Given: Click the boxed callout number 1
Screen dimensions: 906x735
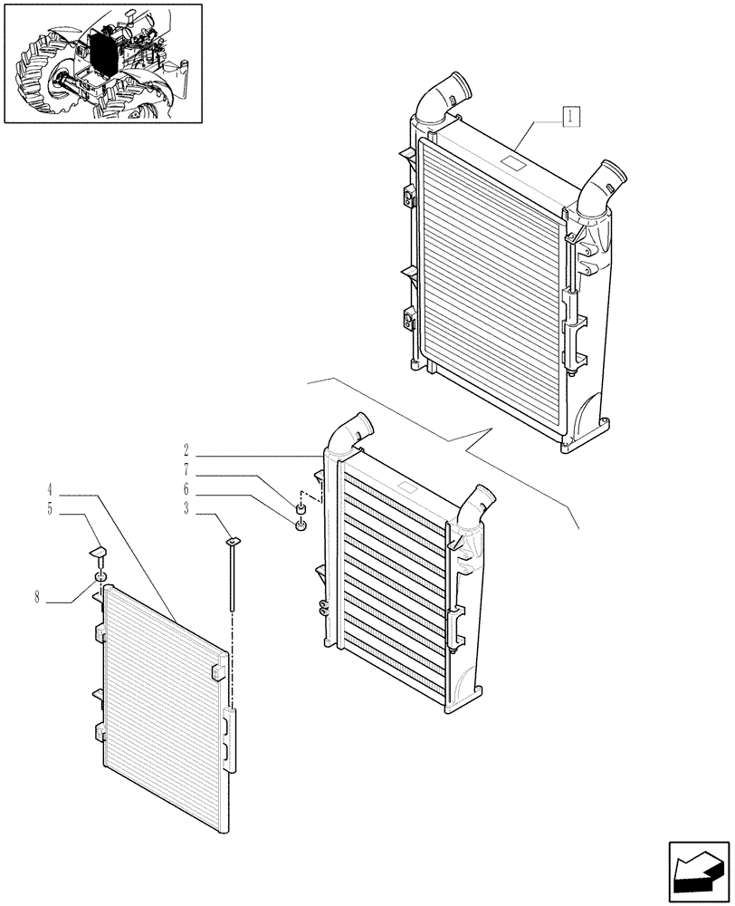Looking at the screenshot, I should [x=571, y=116].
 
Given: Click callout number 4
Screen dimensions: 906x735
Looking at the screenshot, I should [x=51, y=490].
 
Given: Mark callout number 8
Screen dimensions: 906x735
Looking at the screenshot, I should [x=39, y=599].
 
